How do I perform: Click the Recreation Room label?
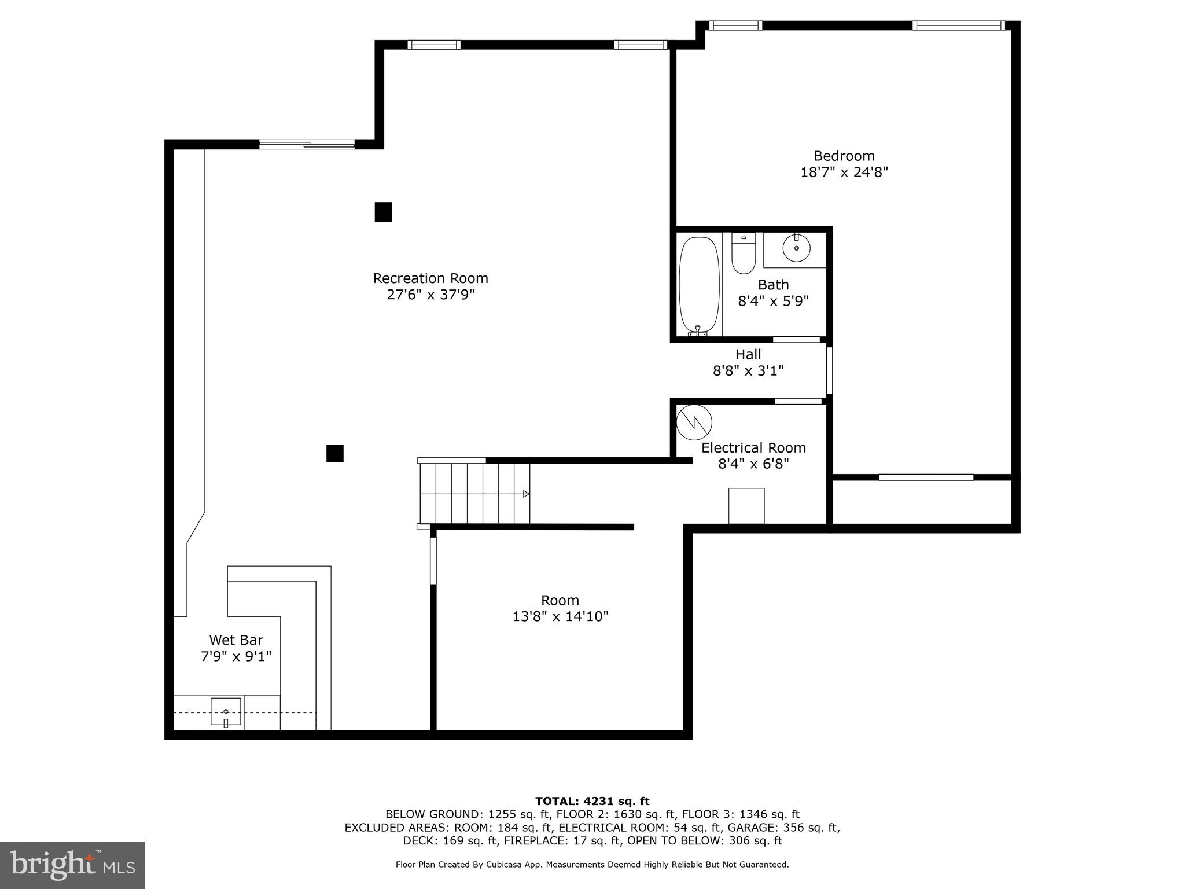click(x=430, y=278)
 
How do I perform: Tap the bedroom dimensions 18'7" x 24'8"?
click(x=844, y=172)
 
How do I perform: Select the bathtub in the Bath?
click(x=699, y=285)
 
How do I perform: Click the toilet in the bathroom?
click(x=744, y=255)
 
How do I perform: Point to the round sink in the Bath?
click(x=796, y=248)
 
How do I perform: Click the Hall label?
click(x=748, y=354)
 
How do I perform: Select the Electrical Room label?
click(x=753, y=448)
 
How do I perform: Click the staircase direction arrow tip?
click(x=527, y=494)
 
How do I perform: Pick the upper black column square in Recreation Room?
click(x=383, y=212)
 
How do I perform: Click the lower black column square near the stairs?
click(x=335, y=453)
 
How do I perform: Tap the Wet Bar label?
click(x=236, y=640)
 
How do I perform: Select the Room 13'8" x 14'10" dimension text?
click(x=560, y=617)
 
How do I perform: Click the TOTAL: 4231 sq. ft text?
click(x=592, y=801)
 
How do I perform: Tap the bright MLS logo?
click(x=72, y=865)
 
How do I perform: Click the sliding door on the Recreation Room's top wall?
click(x=307, y=145)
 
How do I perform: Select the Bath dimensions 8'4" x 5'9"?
click(x=773, y=301)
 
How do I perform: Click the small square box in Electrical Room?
click(x=746, y=506)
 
